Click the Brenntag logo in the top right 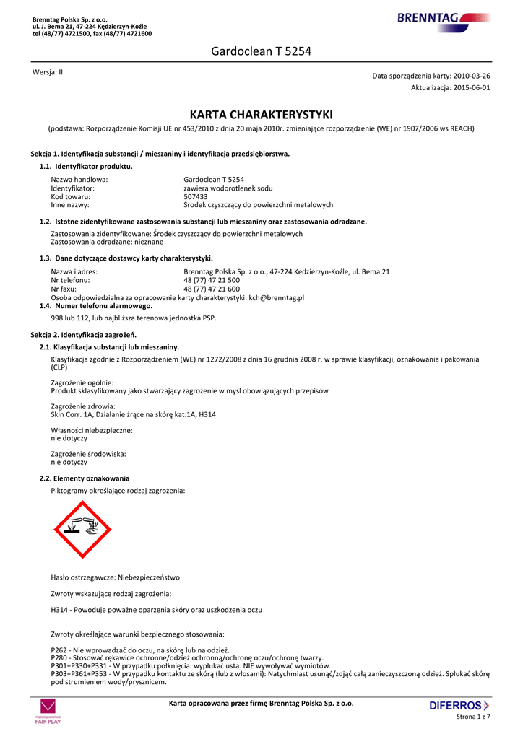[443, 18]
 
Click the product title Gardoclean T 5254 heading [261, 51]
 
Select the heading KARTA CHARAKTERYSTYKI [261, 115]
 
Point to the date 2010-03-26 [472, 76]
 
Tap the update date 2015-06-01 [472, 87]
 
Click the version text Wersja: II [48, 72]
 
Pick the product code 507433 [196, 196]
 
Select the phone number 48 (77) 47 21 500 [212, 280]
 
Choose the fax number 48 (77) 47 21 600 [212, 289]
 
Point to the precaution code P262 [60, 650]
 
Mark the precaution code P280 [60, 658]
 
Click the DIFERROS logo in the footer [459, 705]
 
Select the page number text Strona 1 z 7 [473, 717]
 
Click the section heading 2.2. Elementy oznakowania [85, 478]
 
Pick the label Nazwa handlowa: [79, 179]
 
